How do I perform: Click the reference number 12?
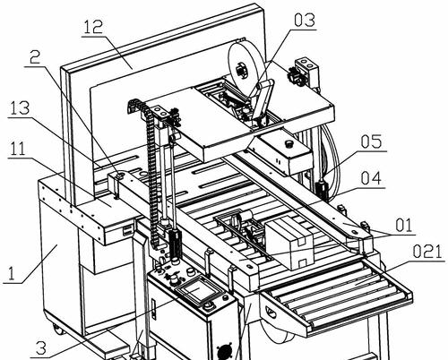pos(93,27)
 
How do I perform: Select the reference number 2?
pos(35,57)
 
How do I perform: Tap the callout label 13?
pos(19,108)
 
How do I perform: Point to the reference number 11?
pos(18,149)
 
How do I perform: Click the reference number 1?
pos(11,273)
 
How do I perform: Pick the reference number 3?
pos(41,347)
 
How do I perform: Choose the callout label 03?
pos(305,20)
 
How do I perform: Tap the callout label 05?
pos(371,141)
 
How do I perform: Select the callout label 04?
pos(371,178)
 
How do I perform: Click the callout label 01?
pos(404,225)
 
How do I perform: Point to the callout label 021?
pos(427,252)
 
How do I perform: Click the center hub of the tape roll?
pos(239,71)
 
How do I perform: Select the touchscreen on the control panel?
pos(196,288)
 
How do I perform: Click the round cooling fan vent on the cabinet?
pos(224,352)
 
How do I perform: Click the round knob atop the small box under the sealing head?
pos(289,143)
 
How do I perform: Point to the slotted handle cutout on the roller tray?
pos(271,311)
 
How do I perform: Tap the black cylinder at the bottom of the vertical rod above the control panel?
pos(176,243)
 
